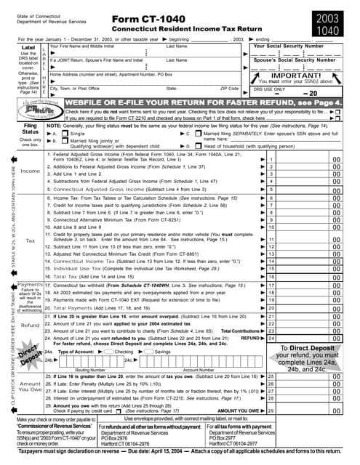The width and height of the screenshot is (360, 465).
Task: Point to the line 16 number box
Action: pos(271,277)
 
